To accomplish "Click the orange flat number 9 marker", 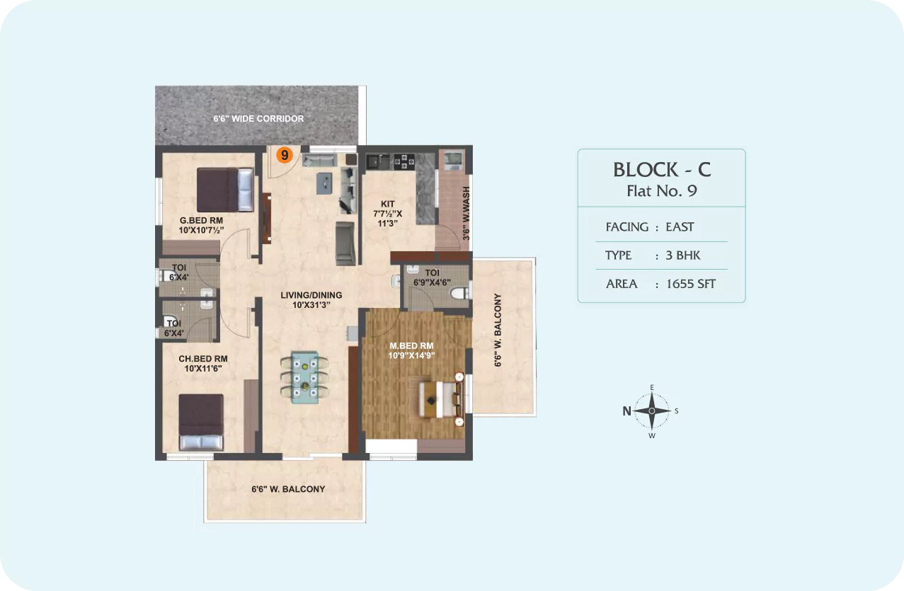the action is click(x=285, y=155).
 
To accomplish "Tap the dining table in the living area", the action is click(x=304, y=377).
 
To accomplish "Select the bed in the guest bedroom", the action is click(x=225, y=190).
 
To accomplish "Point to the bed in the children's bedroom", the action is click(x=201, y=422).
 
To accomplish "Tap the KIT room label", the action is click(x=388, y=204).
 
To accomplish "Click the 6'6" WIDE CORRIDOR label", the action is click(x=258, y=119).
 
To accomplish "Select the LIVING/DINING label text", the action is click(x=311, y=295).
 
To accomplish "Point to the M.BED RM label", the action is click(x=411, y=345).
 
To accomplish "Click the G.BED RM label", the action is click(x=201, y=221).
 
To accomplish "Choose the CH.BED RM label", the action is click(x=203, y=359).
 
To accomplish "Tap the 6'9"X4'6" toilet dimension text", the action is click(x=432, y=282).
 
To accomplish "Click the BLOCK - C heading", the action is click(x=662, y=169).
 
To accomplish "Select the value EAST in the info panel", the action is click(x=680, y=226).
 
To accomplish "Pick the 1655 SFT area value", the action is click(x=690, y=284).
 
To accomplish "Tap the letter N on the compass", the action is click(x=626, y=411).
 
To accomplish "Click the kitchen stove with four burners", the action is click(x=404, y=161).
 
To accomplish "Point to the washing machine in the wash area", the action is click(x=454, y=161).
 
